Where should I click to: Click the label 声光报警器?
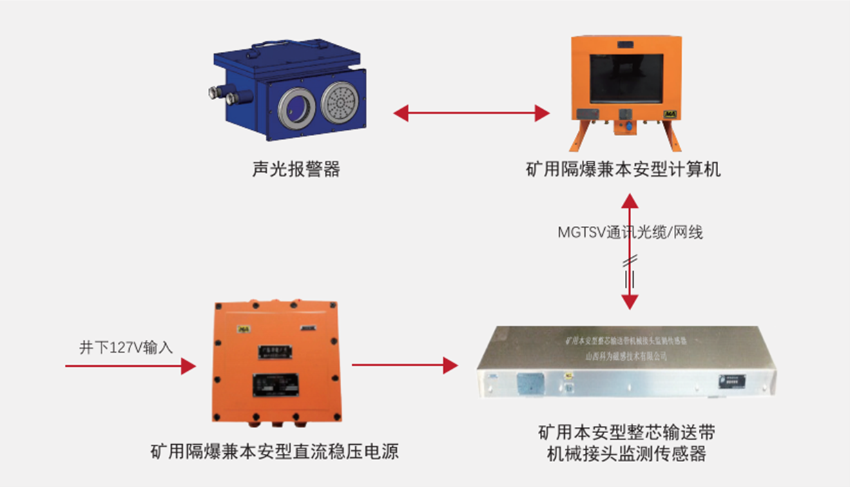[x=296, y=169]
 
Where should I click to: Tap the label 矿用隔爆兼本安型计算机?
[x=623, y=169]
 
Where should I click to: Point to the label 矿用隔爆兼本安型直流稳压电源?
[x=275, y=452]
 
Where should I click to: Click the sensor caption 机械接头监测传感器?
[x=626, y=455]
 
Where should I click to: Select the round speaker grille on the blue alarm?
[x=338, y=104]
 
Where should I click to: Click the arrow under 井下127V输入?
[x=131, y=365]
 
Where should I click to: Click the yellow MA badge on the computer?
[x=668, y=113]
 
